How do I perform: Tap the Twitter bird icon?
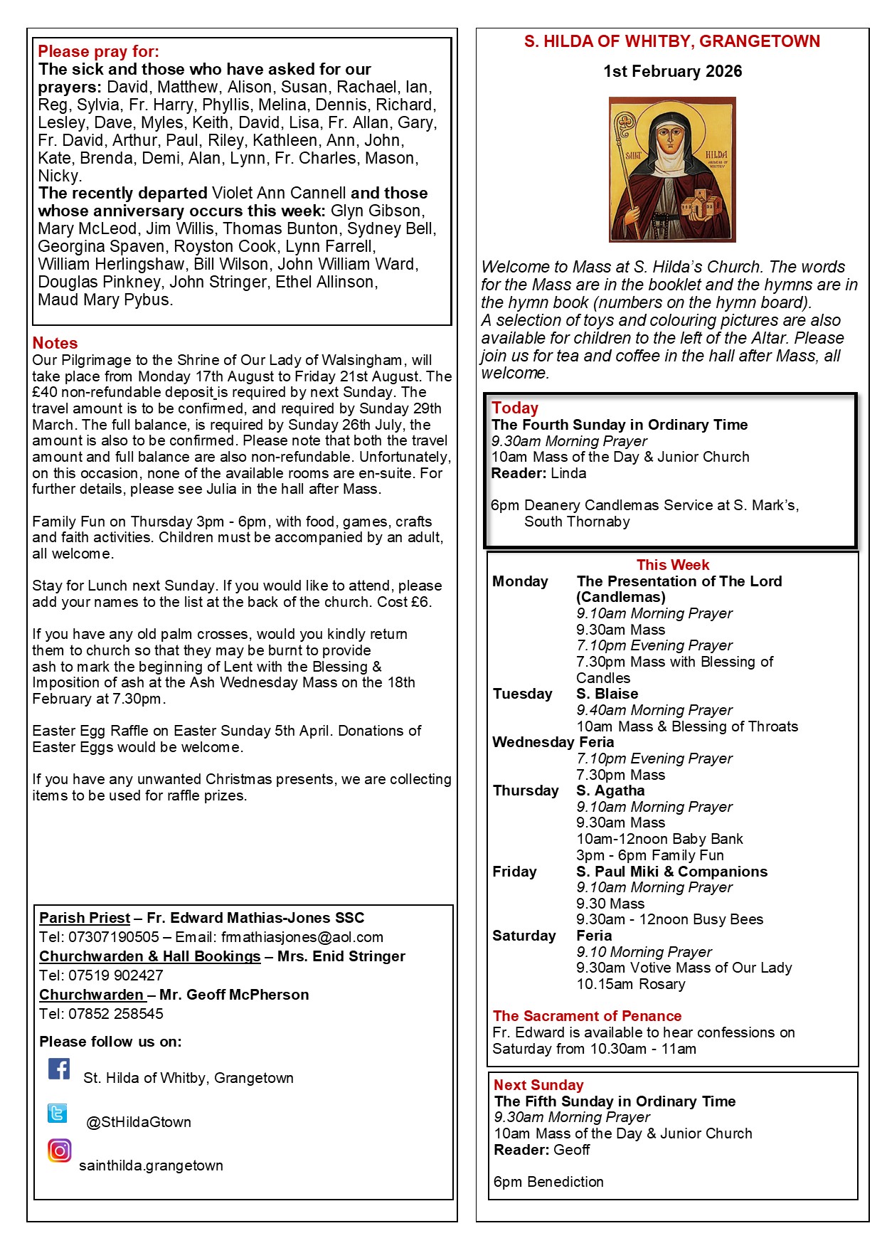(x=58, y=1113)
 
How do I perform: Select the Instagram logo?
(x=60, y=1151)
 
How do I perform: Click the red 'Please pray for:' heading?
(x=98, y=51)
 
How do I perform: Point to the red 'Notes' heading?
(x=55, y=343)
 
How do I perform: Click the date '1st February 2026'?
(x=672, y=71)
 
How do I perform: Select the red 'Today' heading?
(x=515, y=408)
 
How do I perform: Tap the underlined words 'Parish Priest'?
(x=85, y=918)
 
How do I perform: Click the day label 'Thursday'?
(x=526, y=790)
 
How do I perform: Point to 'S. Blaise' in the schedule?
(x=607, y=694)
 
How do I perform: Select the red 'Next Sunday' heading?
(x=538, y=1085)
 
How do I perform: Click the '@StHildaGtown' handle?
(x=139, y=1122)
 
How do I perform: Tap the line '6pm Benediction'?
(x=548, y=1182)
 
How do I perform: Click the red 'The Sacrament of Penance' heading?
(x=587, y=1016)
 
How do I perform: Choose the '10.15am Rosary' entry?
(x=631, y=984)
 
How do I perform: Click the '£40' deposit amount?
(x=45, y=393)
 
